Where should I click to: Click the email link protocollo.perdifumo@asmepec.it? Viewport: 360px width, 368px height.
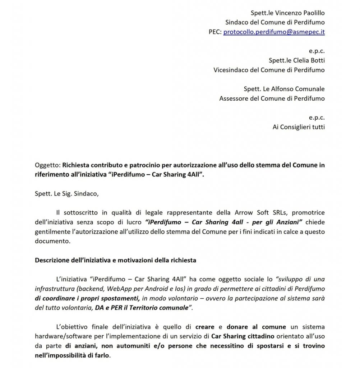274,32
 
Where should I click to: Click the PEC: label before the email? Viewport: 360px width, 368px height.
215,32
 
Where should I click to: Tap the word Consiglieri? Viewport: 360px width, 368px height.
296,126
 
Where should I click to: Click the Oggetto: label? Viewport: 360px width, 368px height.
48,165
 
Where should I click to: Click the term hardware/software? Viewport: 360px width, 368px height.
62,336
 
